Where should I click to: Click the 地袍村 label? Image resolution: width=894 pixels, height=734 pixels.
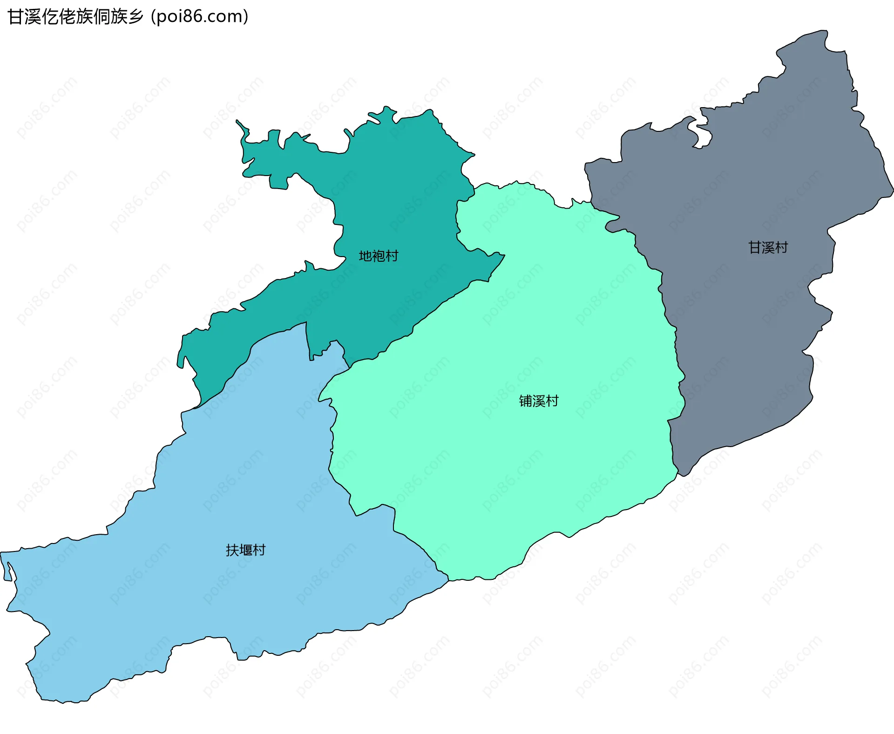[378, 256]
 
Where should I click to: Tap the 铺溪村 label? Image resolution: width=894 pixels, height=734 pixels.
[539, 401]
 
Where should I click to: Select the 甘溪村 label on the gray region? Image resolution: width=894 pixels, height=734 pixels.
[768, 247]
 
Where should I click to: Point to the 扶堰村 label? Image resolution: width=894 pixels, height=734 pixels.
[245, 550]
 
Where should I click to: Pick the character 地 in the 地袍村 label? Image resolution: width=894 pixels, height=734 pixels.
[365, 256]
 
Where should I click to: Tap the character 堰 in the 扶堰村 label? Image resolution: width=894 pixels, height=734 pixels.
[245, 550]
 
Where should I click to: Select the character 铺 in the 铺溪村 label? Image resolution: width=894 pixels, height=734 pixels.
[526, 401]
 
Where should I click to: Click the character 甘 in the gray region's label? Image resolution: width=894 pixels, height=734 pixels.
[755, 247]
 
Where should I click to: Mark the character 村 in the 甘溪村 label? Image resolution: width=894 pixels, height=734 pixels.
[781, 247]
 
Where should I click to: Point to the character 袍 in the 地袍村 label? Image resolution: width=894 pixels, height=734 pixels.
[378, 256]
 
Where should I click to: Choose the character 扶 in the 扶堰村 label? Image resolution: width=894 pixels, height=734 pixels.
[232, 550]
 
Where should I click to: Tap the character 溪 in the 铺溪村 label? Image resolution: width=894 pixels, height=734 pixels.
[539, 401]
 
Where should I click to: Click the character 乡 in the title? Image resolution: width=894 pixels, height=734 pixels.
[136, 17]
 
